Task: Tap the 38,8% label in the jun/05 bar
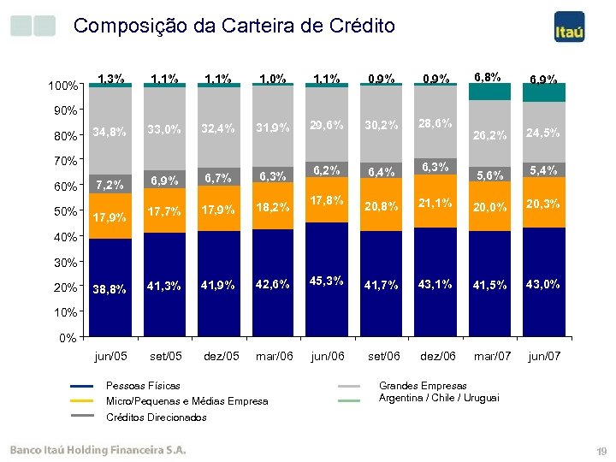pyautogui.click(x=110, y=289)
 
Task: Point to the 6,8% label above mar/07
pyautogui.click(x=489, y=76)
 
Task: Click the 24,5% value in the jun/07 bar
pyautogui.click(x=543, y=133)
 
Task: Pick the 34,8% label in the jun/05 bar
pyautogui.click(x=110, y=132)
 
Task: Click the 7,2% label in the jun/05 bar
pyautogui.click(x=110, y=184)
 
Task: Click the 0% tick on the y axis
pyautogui.click(x=68, y=338)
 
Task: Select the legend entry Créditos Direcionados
pyautogui.click(x=156, y=418)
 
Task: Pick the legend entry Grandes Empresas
pyautogui.click(x=423, y=386)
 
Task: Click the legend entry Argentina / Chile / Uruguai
pyautogui.click(x=439, y=398)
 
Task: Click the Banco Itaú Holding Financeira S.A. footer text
pyautogui.click(x=98, y=448)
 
